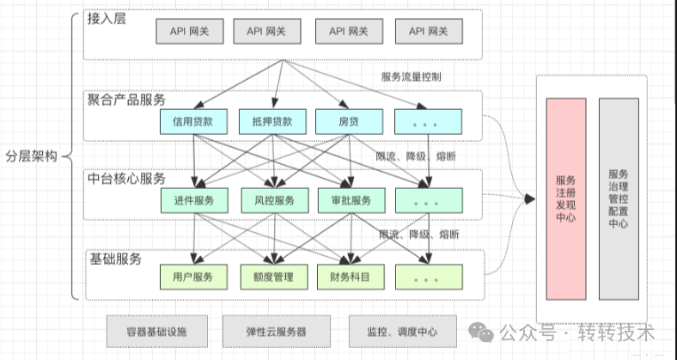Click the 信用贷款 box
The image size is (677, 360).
pos(193,122)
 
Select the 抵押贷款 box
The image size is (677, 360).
pos(272,122)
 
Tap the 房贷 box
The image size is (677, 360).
pos(349,122)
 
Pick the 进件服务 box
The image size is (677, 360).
pos(194,200)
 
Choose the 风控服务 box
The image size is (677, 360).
pos(275,200)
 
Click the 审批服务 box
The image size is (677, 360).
pos(351,200)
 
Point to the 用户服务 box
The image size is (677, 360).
pos(193,277)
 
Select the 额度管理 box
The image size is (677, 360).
pos(274,277)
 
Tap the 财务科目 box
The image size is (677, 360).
pos(351,277)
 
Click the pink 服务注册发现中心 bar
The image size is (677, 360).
pos(566,199)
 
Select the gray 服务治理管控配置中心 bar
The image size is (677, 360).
pos(619,199)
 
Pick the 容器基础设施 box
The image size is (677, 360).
pos(157,332)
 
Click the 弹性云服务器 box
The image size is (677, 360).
pos(277,332)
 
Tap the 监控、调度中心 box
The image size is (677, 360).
pos(402,332)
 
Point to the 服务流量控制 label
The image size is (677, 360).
pos(411,76)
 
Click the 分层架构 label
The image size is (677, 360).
pos(31,156)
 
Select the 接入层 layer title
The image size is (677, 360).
pos(107,19)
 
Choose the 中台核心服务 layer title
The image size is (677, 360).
pos(126,179)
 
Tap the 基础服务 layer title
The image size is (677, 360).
pos(116,259)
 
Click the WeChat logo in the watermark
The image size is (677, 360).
pos(481,333)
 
